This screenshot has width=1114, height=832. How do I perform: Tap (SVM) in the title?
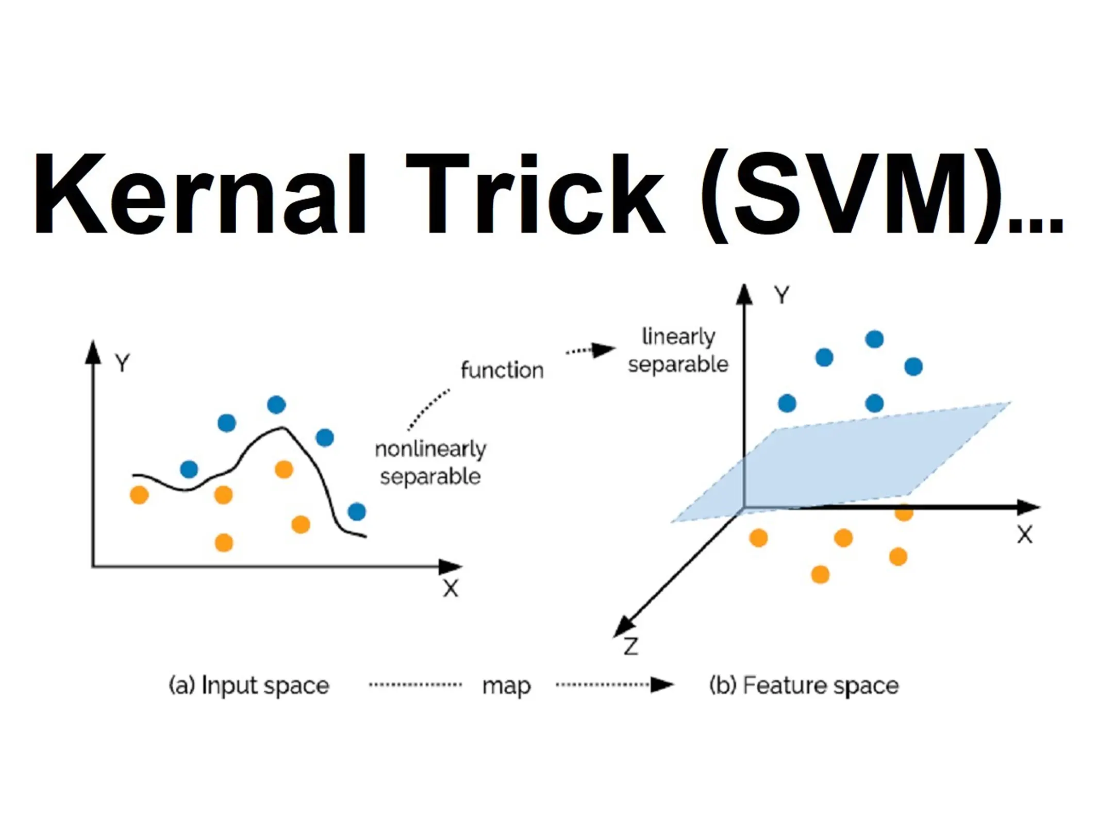coord(851,196)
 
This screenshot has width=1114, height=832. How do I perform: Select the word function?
coord(502,370)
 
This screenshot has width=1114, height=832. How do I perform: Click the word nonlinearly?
coord(430,450)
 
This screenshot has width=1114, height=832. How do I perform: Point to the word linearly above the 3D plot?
coord(678,337)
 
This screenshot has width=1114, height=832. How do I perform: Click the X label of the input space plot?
coord(451,588)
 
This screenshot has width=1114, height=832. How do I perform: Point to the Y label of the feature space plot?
coord(782,295)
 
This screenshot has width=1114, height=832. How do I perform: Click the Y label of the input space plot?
coord(123,363)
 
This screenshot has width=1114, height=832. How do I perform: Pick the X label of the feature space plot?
coord(1025,535)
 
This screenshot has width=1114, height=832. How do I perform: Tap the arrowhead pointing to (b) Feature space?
coord(662,685)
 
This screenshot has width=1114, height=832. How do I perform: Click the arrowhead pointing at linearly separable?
coord(603,350)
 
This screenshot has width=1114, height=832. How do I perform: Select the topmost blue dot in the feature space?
coord(874,339)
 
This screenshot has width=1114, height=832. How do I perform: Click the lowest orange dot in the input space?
coord(224,543)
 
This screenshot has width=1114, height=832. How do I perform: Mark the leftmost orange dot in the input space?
coord(139,495)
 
